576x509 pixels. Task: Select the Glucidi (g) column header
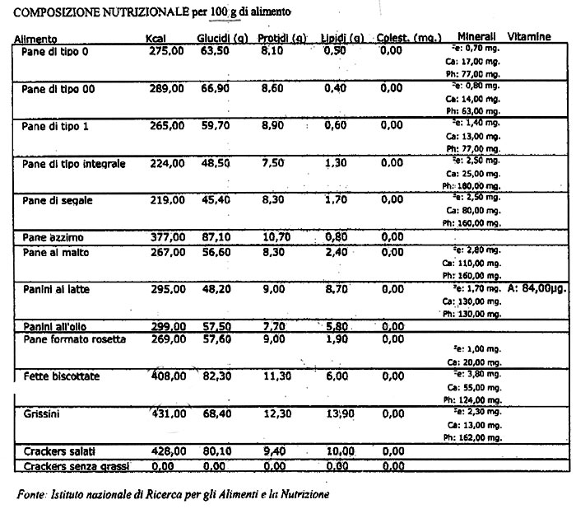tap(223, 39)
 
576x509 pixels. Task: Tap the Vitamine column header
tap(530, 38)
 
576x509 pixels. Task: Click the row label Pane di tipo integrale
tap(74, 164)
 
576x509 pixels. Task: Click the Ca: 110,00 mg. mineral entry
tap(473, 261)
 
